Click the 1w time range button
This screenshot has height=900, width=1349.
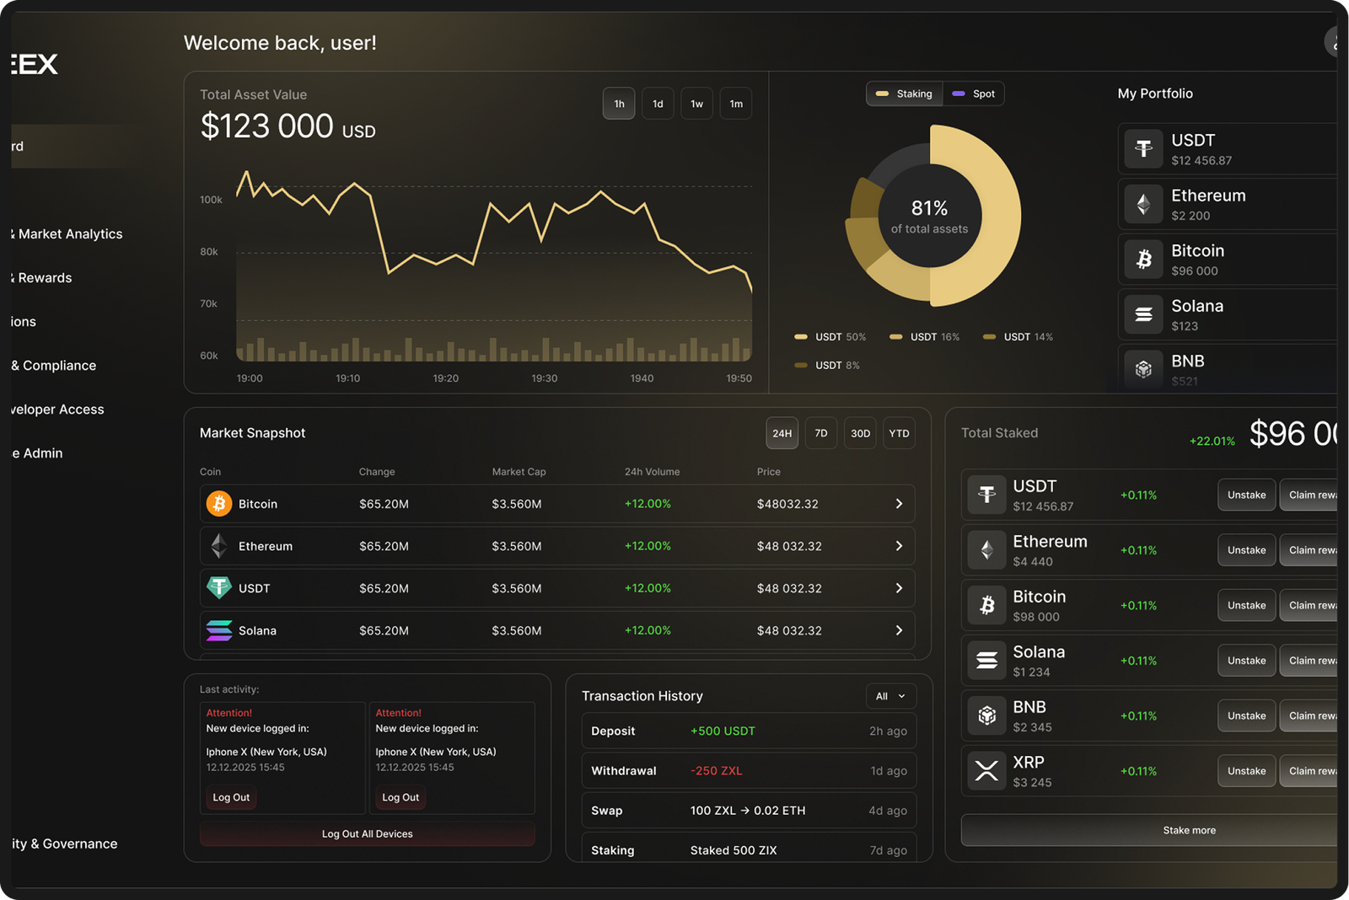point(696,104)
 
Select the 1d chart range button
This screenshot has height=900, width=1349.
point(658,104)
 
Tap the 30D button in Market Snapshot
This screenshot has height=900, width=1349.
point(860,433)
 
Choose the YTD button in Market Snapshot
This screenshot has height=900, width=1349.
point(899,433)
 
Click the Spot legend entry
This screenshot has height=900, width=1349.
point(974,94)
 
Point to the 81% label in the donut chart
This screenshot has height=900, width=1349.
point(929,208)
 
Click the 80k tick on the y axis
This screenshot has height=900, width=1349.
point(209,252)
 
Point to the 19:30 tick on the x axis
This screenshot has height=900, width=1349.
point(545,378)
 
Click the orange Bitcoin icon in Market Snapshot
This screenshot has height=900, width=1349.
point(219,504)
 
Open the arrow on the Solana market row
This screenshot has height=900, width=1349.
point(899,630)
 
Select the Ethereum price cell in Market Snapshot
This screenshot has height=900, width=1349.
point(789,546)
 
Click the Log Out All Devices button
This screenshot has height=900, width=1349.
point(368,834)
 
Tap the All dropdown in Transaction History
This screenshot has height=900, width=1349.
point(890,696)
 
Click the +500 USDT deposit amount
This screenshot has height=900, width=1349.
point(723,731)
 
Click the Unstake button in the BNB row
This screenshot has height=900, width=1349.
point(1246,715)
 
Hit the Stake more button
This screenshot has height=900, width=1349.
point(1189,830)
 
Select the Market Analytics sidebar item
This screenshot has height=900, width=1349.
point(70,234)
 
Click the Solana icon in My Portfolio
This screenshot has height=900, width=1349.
point(1143,314)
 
